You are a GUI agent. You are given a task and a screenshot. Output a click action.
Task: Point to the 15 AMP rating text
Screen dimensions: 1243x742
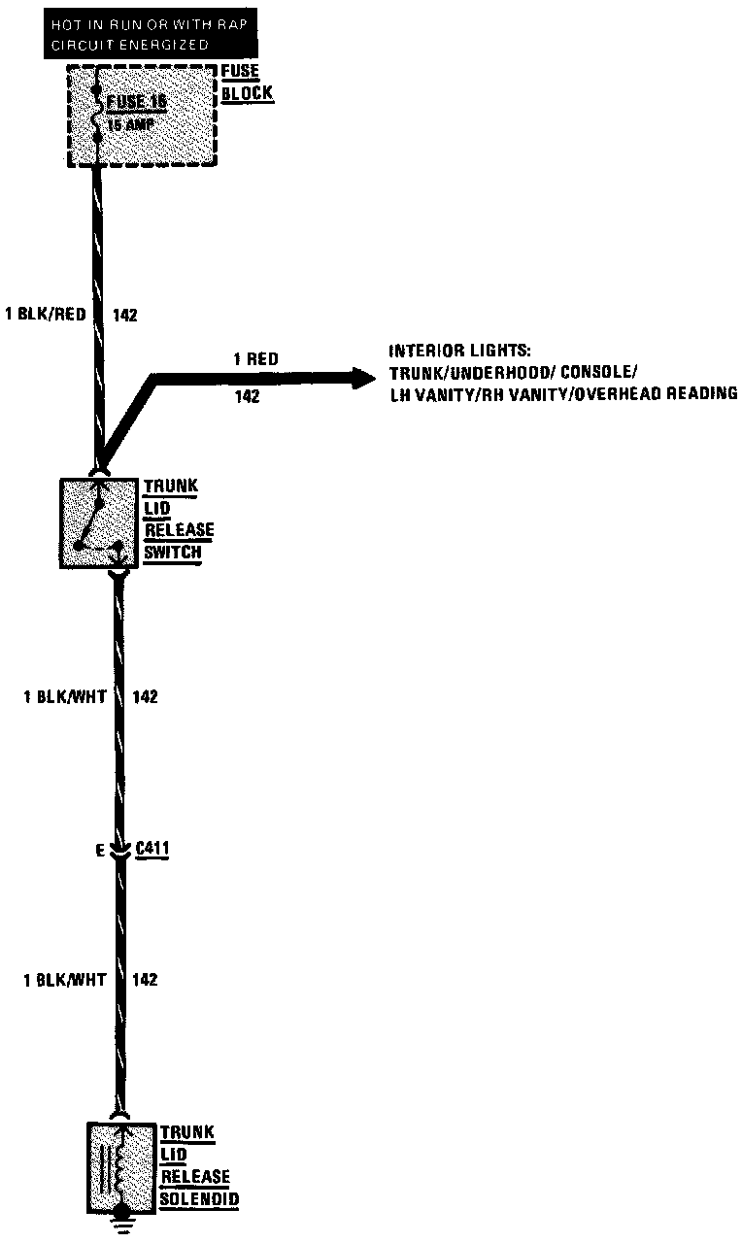pyautogui.click(x=127, y=124)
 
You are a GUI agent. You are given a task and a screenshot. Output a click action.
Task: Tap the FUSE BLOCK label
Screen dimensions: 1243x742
pyautogui.click(x=247, y=83)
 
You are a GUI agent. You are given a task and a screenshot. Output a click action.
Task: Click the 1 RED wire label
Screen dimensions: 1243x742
pyautogui.click(x=254, y=359)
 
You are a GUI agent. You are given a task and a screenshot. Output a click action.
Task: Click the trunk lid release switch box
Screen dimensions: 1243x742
pyautogui.click(x=99, y=522)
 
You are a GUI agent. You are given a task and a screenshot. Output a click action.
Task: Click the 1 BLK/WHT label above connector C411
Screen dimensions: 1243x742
pyautogui.click(x=65, y=696)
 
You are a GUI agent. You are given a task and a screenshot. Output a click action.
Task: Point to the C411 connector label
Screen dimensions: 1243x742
pyautogui.click(x=154, y=850)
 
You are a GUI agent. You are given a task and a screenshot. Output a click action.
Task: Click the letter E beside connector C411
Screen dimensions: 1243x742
pyautogui.click(x=99, y=851)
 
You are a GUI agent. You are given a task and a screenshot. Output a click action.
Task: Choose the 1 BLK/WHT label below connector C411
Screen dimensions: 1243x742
pyautogui.click(x=65, y=980)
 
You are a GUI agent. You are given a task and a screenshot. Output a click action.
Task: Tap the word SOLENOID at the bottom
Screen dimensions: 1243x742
pyautogui.click(x=200, y=1199)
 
